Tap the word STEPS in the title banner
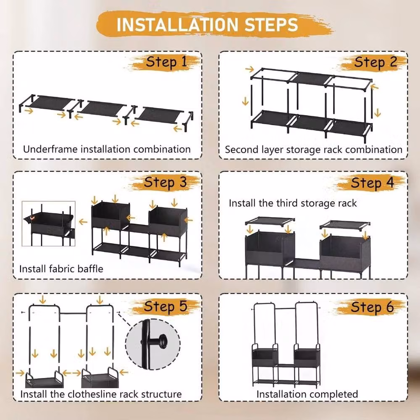[271, 25]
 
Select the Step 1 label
[166, 63]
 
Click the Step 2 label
[376, 63]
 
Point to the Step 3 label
[165, 183]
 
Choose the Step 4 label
[372, 183]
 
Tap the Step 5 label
[165, 307]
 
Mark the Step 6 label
[372, 307]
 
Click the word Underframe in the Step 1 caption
[50, 149]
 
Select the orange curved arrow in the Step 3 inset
[32, 218]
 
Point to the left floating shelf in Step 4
[270, 221]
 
